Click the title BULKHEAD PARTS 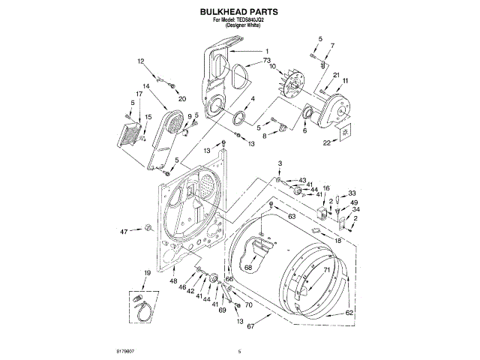(x=239, y=13)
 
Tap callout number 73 (x=266, y=60)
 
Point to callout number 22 (x=325, y=142)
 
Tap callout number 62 (x=349, y=311)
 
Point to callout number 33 (x=352, y=193)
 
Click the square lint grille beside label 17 (x=130, y=135)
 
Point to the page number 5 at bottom (x=239, y=351)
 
